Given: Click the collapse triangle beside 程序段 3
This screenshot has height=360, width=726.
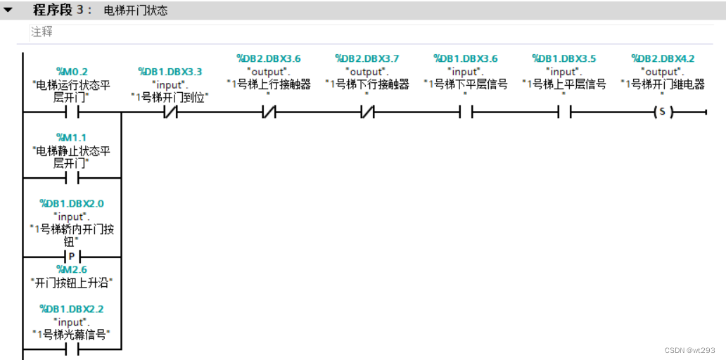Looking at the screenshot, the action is pos(8,11).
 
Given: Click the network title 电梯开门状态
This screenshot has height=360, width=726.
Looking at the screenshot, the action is pos(135,11).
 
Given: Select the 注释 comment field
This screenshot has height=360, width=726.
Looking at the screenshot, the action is pos(42,32).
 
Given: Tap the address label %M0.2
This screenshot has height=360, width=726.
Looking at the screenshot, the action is pos(72,70).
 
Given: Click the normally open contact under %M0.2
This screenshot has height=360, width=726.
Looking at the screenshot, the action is pos(72,112).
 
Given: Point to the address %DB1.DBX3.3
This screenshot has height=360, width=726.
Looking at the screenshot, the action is pos(170,71).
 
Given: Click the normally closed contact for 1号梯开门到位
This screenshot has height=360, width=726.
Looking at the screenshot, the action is pos(170,112).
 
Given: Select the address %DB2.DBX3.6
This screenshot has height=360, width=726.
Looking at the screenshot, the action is pos(269,58).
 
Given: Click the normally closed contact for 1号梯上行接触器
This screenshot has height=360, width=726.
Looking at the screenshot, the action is pos(269,112).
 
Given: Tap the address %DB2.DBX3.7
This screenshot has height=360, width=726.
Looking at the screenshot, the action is pos(367,58).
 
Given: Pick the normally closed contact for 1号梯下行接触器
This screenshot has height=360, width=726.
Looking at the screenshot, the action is pos(367,112).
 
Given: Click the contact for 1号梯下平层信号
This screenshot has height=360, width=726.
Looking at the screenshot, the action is pos(465,112).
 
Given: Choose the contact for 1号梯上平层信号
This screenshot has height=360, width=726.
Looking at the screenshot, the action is pos(563,112).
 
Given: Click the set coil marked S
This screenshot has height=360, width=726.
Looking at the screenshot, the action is pos(662,112).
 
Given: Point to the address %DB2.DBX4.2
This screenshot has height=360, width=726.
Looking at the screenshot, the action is pos(663,58).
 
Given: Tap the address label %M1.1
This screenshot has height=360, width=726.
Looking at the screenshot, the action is pos(72,137).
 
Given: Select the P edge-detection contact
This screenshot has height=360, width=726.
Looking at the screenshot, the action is pos(72,256).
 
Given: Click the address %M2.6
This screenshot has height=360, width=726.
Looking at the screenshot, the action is pos(72,269).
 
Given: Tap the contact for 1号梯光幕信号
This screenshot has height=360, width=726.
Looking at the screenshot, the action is pos(72,349).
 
